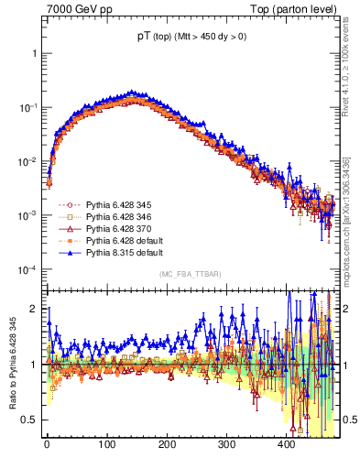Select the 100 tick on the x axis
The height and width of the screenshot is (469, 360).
pyautogui.click(x=106, y=444)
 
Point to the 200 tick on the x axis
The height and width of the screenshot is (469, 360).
pyautogui.click(x=166, y=444)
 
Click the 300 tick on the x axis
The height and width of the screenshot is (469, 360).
pyautogui.click(x=226, y=444)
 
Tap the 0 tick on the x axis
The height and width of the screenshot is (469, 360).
pyautogui.click(x=47, y=444)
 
